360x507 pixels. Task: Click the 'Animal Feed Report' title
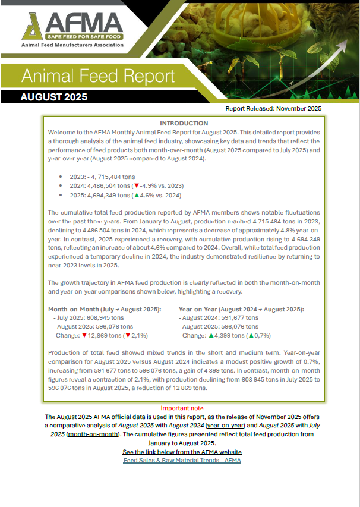[x=98, y=76]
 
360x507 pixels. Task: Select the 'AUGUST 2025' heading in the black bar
[x=54, y=97]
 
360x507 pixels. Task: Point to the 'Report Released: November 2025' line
[x=273, y=109]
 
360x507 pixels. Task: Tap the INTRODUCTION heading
[x=184, y=123]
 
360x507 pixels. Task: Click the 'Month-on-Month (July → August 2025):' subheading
[x=104, y=310]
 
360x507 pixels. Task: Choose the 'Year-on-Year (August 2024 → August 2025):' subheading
[x=241, y=310]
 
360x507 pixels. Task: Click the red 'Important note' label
[x=182, y=408]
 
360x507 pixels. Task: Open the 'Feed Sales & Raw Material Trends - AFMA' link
[x=182, y=460]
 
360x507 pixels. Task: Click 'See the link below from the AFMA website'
[x=182, y=452]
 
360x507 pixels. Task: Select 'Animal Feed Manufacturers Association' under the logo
[x=72, y=45]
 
